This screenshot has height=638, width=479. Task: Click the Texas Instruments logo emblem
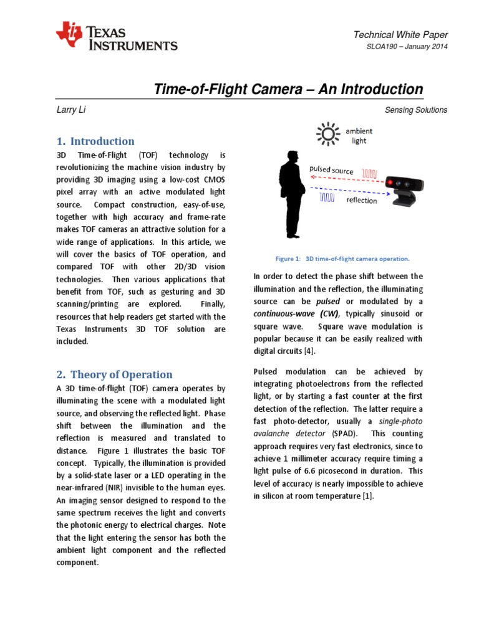[x=69, y=36]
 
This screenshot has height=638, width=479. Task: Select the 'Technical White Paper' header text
[x=400, y=35]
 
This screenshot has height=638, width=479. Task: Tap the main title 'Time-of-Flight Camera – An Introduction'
[x=288, y=89]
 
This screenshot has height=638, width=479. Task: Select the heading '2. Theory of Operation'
[x=114, y=374]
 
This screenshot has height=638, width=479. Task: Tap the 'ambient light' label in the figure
[x=359, y=136]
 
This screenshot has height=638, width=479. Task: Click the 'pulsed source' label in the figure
[x=332, y=170]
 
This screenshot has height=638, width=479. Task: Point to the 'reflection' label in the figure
[x=362, y=201]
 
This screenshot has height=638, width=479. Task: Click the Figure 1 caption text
[x=338, y=258]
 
